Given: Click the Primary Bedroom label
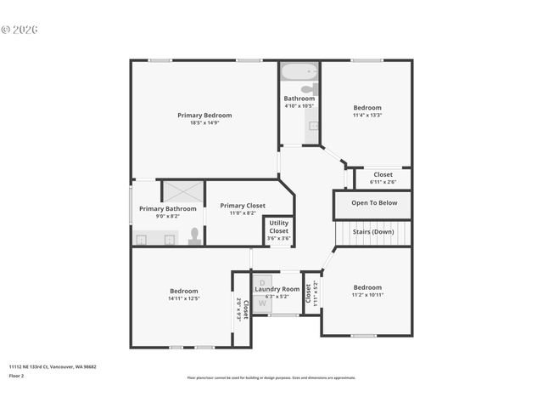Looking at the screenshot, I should [204, 116].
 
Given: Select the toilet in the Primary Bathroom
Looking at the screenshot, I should [195, 235].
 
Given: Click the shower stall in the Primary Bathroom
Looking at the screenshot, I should [183, 191].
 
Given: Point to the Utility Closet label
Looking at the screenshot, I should [278, 227].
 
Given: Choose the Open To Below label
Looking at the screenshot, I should [374, 203].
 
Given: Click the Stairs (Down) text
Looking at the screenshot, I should [373, 231].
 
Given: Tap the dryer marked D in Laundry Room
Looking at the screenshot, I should [262, 282].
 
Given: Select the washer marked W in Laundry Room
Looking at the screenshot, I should [262, 303].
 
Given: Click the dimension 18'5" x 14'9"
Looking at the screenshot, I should [204, 124].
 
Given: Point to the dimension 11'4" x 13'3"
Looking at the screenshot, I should [367, 116].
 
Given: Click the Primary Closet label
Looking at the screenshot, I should [243, 206].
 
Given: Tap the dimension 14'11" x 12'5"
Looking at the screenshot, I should [183, 298].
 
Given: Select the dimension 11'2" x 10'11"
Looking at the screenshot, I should [367, 295].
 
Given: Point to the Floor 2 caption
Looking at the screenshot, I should [17, 375].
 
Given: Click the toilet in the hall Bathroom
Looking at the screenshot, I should [309, 88].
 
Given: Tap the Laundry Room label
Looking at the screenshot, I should [277, 289].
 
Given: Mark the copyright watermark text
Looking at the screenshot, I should [20, 29].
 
